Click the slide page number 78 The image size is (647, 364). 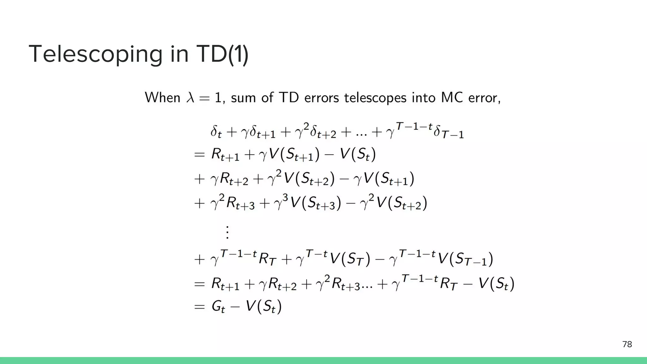(x=627, y=344)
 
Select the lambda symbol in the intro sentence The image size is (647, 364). (x=190, y=98)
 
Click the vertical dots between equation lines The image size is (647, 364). (x=227, y=232)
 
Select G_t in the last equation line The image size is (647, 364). (x=218, y=306)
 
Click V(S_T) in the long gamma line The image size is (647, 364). (x=349, y=259)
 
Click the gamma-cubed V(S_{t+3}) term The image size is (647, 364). (x=308, y=203)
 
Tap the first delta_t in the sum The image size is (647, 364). (x=216, y=132)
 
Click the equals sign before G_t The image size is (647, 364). (x=199, y=306)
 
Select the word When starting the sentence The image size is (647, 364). (x=162, y=98)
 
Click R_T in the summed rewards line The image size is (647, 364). (x=449, y=283)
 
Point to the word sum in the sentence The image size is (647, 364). (x=243, y=98)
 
